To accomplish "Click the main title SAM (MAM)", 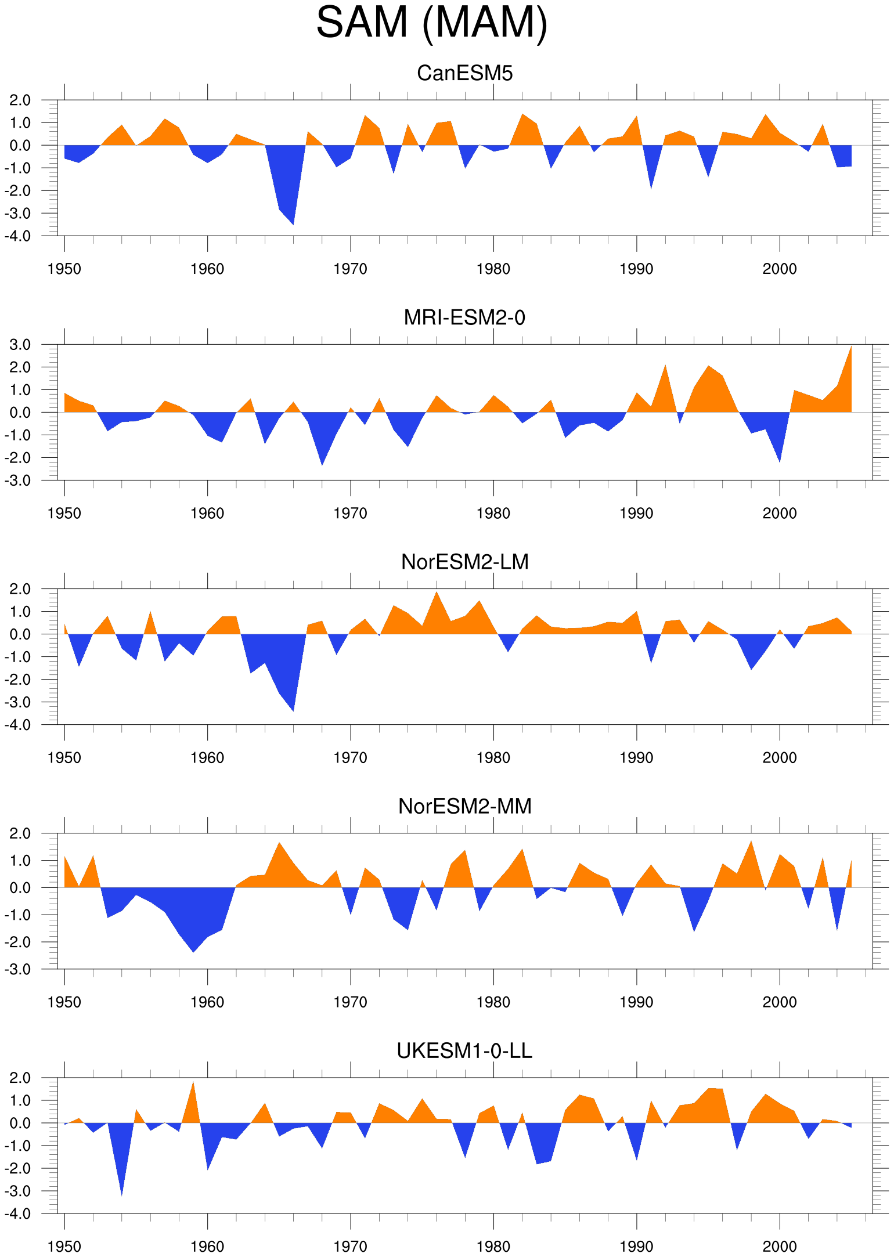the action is pyautogui.click(x=432, y=23).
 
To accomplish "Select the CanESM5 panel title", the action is pyautogui.click(x=465, y=73).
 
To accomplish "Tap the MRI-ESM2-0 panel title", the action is pyautogui.click(x=464, y=317).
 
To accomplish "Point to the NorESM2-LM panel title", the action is pyautogui.click(x=465, y=562).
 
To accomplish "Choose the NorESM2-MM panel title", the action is pyautogui.click(x=465, y=806).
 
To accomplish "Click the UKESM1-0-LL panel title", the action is pyautogui.click(x=465, y=1050).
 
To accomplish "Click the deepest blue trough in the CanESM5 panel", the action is pyautogui.click(x=293, y=223).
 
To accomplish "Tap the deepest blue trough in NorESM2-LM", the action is pyautogui.click(x=293, y=710).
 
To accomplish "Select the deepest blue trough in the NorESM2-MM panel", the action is pyautogui.click(x=193, y=951).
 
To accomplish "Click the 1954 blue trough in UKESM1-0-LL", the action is pyautogui.click(x=121, y=1195).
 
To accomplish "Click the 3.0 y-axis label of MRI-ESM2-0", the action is pyautogui.click(x=20, y=345).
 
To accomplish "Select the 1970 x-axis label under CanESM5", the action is pyautogui.click(x=351, y=269).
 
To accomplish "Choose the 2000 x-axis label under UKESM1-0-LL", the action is pyautogui.click(x=780, y=1247).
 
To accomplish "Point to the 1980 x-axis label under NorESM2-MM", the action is pyautogui.click(x=493, y=1002).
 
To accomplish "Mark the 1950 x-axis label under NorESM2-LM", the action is pyautogui.click(x=64, y=758).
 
